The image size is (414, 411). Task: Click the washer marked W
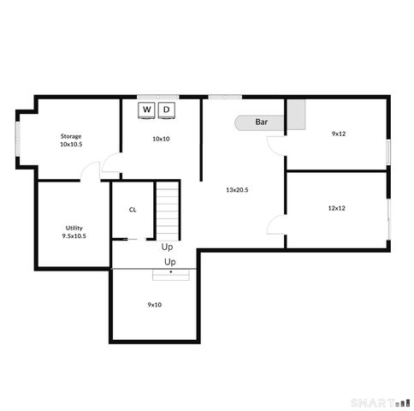point(146,110)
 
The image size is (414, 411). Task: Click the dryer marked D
point(167,110)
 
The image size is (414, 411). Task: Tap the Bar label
point(262,122)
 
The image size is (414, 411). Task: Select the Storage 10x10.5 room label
point(71,140)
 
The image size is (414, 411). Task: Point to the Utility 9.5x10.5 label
point(74,231)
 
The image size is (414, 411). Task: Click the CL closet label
point(133,209)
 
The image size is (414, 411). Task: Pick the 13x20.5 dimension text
point(237,189)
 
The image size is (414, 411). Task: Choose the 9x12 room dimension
point(339,134)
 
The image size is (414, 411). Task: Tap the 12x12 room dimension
point(336,207)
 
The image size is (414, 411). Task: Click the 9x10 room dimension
point(155,304)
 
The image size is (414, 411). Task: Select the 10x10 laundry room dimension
point(160,138)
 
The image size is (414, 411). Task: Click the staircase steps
point(169,210)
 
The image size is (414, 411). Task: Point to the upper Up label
point(167,246)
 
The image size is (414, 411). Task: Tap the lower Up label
point(170,261)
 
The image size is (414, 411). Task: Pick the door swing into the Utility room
point(91,171)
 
